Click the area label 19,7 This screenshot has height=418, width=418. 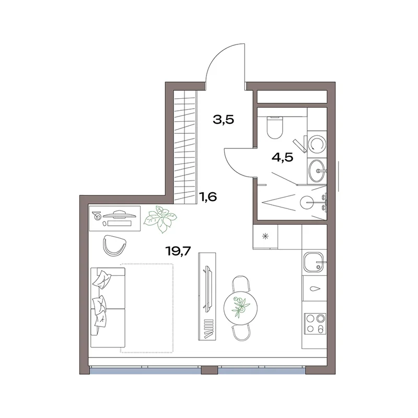[178, 251]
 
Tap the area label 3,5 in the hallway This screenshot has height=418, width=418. [224, 120]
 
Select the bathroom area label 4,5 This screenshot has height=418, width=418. [282, 158]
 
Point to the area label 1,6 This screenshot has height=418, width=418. [208, 197]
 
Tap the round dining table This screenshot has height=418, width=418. [240, 308]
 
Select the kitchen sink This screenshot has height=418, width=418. [314, 262]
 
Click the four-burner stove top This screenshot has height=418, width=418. [315, 323]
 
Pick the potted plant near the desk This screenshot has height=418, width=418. [160, 219]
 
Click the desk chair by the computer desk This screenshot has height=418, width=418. [114, 245]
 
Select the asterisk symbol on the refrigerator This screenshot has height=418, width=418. [265, 236]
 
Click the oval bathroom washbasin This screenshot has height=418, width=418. [317, 170]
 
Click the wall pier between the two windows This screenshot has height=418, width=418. [210, 370]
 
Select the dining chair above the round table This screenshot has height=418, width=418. [240, 283]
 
